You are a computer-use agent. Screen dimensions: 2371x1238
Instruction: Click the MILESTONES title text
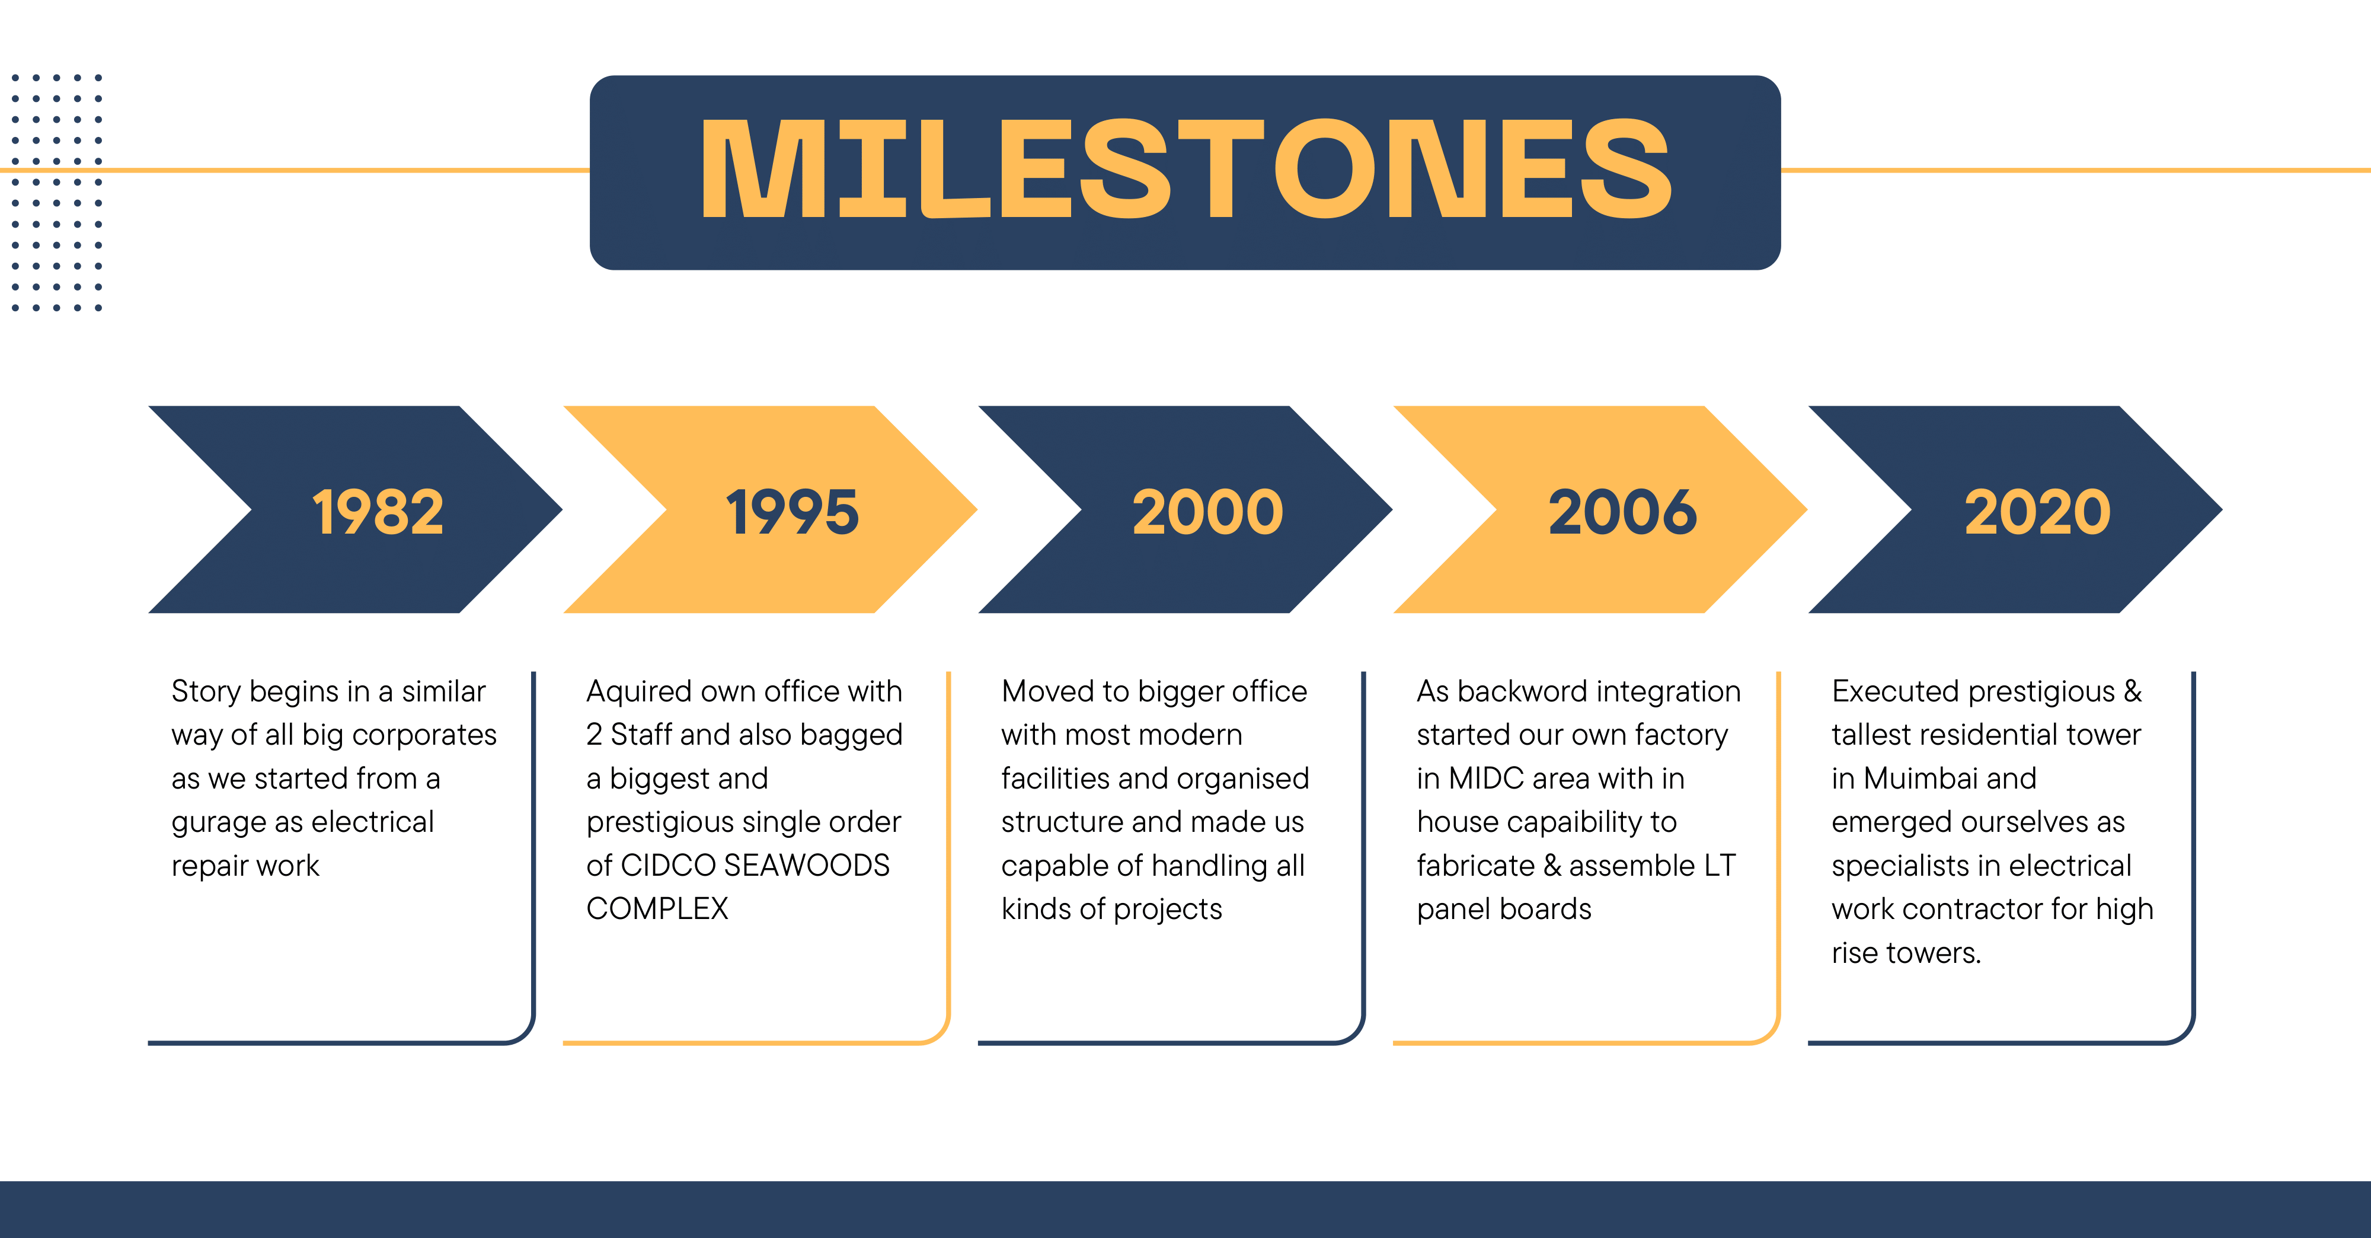pyautogui.click(x=1185, y=170)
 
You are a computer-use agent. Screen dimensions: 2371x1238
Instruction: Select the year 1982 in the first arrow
pyautogui.click(x=378, y=512)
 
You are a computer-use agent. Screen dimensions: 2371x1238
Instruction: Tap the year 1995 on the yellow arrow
pyautogui.click(x=793, y=512)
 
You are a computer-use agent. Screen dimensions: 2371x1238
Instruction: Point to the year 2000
pyautogui.click(x=1207, y=512)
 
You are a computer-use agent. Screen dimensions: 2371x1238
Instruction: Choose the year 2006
pyautogui.click(x=1623, y=512)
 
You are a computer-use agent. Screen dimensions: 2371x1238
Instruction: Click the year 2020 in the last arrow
pyautogui.click(x=2038, y=512)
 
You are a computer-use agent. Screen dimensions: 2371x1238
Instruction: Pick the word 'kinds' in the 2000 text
pyautogui.click(x=1036, y=910)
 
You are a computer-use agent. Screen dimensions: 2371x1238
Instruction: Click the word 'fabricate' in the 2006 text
pyautogui.click(x=1475, y=865)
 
